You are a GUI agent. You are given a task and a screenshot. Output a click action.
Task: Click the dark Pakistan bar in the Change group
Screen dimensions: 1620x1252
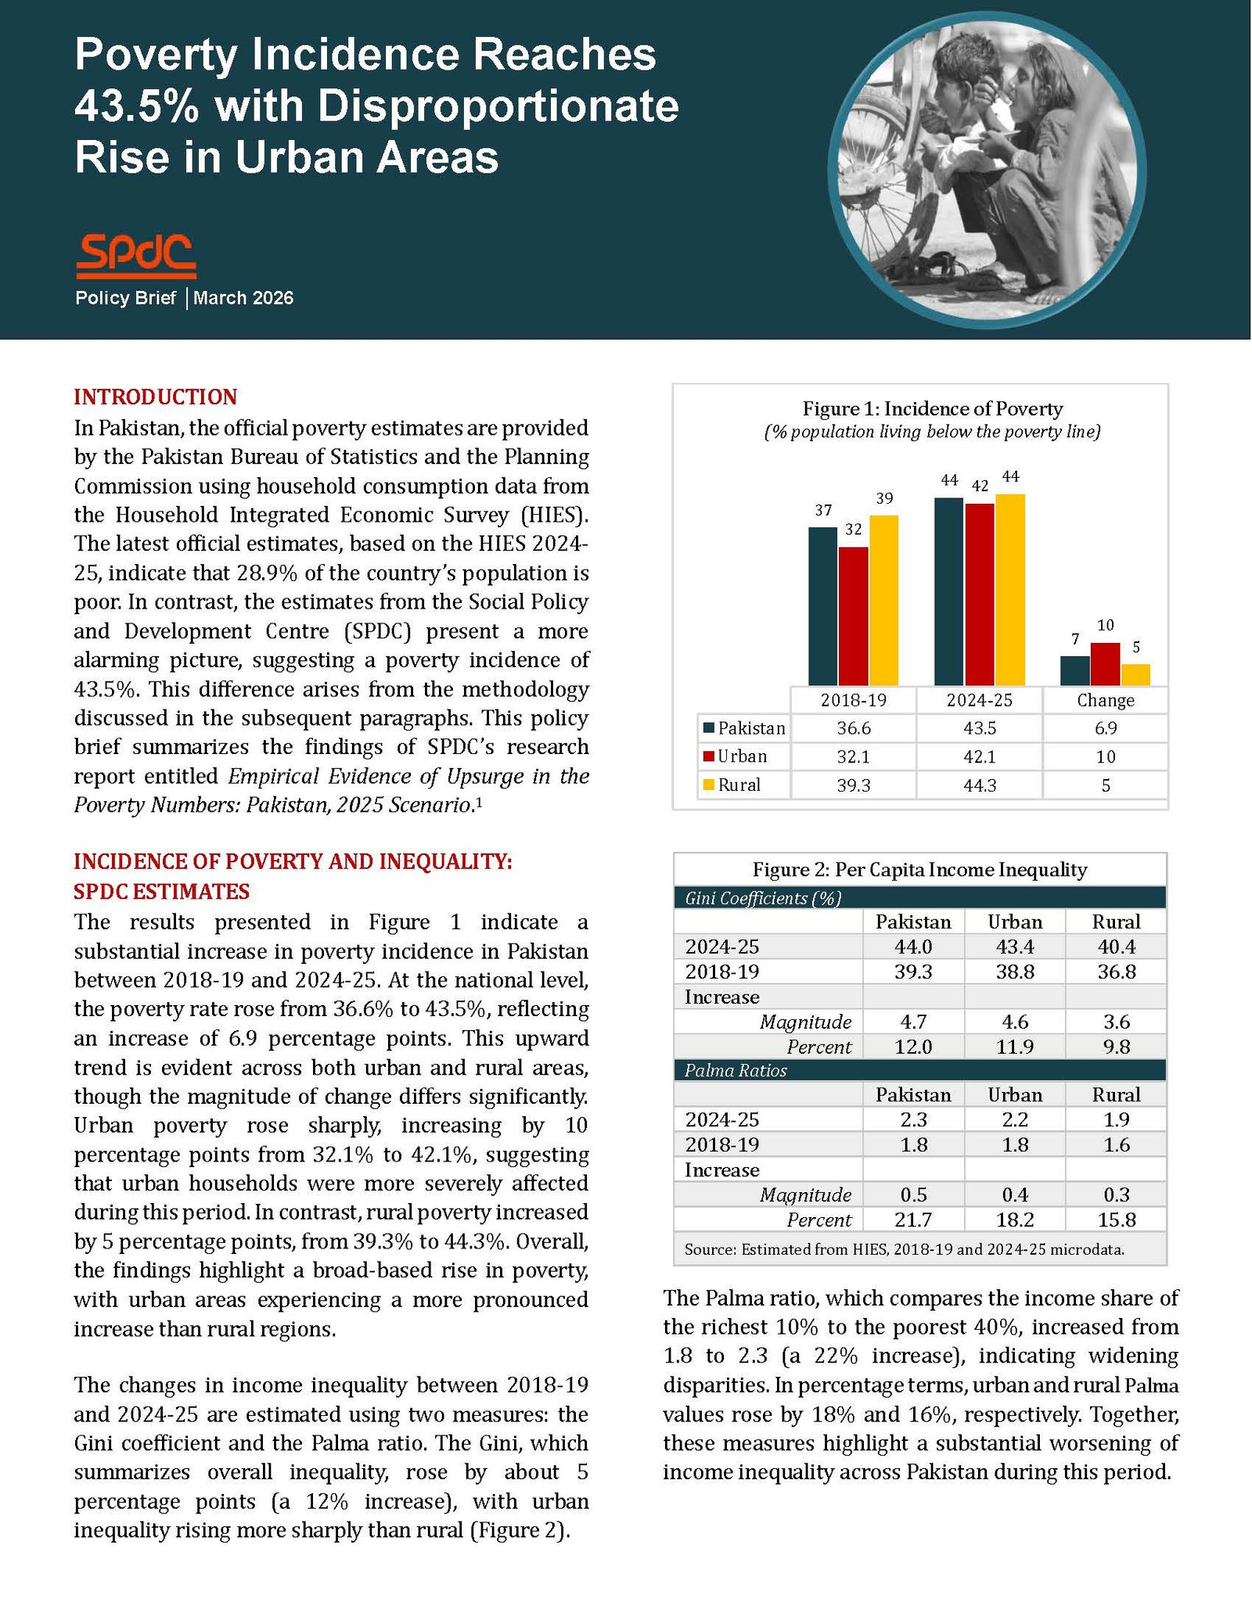pos(1074,670)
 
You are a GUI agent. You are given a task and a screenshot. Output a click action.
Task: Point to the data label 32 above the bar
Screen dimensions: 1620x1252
pos(854,530)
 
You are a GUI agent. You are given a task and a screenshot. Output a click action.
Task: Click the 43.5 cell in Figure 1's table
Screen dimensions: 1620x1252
pos(979,728)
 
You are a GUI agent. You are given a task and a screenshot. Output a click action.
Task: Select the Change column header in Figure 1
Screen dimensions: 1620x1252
pos(1105,700)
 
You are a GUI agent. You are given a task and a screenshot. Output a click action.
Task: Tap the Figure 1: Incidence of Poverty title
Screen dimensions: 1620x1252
pos(932,409)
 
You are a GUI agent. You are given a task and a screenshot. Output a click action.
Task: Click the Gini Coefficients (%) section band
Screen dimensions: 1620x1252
pos(919,898)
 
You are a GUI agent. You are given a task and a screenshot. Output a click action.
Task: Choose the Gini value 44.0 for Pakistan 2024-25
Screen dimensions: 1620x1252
pos(913,946)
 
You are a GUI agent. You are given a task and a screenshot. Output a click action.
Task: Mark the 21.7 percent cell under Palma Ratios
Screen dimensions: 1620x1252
pos(913,1219)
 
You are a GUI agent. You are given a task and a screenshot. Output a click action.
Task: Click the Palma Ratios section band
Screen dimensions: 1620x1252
pos(919,1070)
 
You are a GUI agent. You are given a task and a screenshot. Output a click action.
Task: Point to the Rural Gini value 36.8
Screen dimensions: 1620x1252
pos(1116,972)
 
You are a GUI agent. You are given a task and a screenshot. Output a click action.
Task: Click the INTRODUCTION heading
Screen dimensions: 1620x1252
pos(155,397)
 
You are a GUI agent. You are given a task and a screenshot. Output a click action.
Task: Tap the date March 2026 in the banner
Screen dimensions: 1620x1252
pos(243,298)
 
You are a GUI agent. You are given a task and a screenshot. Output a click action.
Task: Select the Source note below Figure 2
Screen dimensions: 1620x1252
pos(904,1249)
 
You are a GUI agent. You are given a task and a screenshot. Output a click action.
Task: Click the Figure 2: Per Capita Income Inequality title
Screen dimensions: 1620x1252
pos(919,870)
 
